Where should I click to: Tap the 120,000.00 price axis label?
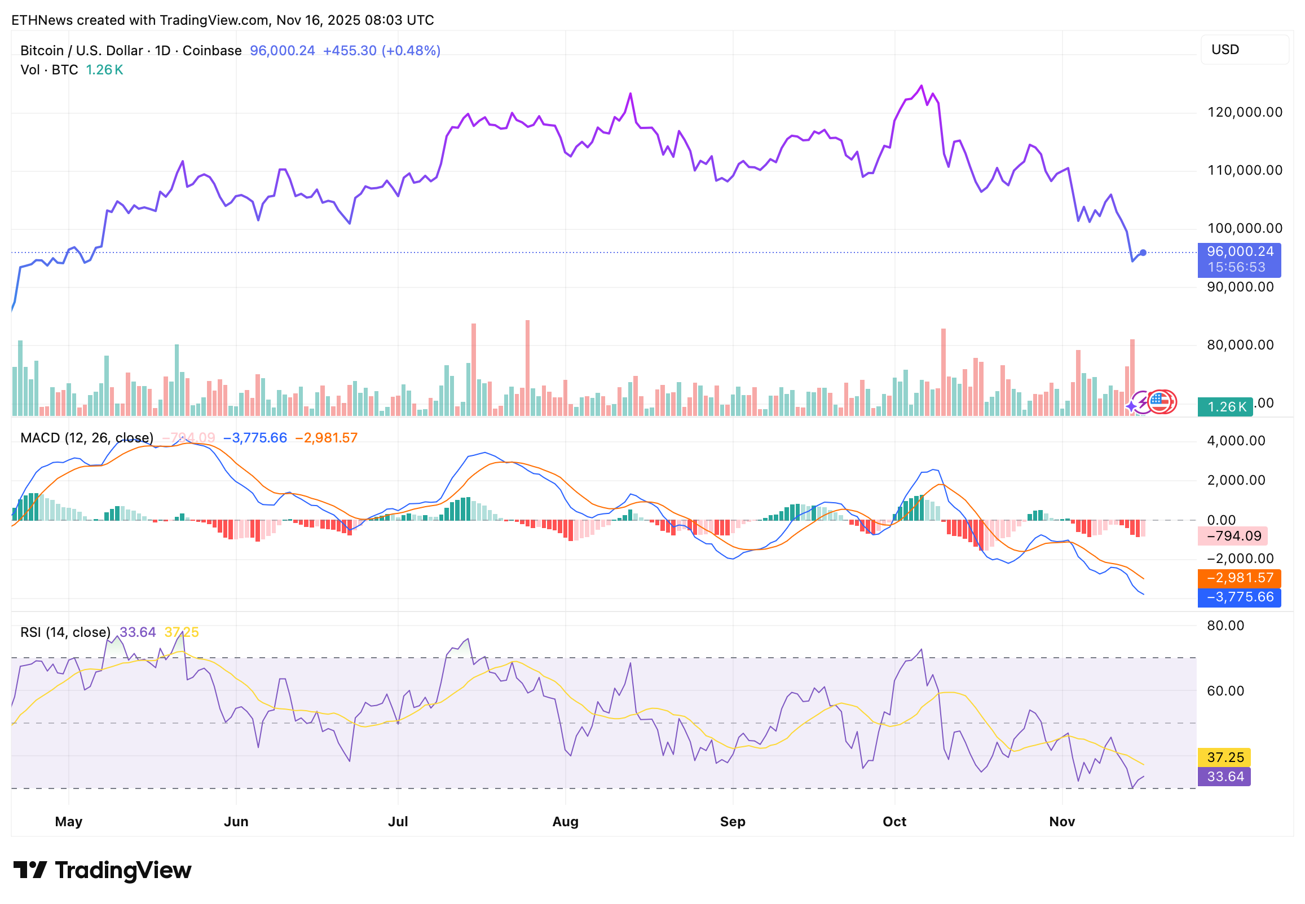pyautogui.click(x=1244, y=112)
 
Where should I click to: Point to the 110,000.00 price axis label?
pyautogui.click(x=1244, y=171)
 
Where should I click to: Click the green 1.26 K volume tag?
pyautogui.click(x=1224, y=407)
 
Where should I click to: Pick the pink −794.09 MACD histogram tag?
pyautogui.click(x=1233, y=537)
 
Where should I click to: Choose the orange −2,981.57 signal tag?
pyautogui.click(x=1238, y=578)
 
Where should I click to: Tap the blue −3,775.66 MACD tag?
pyautogui.click(x=1238, y=597)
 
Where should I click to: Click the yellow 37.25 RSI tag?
pyautogui.click(x=1224, y=758)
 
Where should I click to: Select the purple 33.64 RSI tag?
pyautogui.click(x=1224, y=777)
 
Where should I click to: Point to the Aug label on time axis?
pyautogui.click(x=565, y=822)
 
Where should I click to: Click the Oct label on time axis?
pyautogui.click(x=894, y=822)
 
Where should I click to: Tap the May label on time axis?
pyautogui.click(x=69, y=822)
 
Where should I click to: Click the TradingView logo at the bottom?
pyautogui.click(x=103, y=871)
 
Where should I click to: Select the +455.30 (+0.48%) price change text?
pyautogui.click(x=381, y=51)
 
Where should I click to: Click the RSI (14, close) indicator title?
pyautogui.click(x=65, y=633)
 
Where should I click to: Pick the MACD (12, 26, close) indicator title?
pyautogui.click(x=87, y=438)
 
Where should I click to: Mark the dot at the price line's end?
pyautogui.click(x=1143, y=252)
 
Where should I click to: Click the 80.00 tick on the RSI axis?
pyautogui.click(x=1225, y=626)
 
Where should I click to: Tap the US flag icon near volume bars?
pyautogui.click(x=1160, y=402)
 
